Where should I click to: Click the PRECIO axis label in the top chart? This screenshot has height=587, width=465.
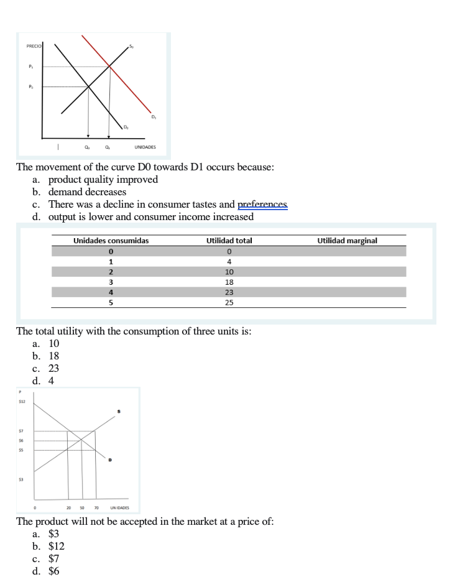[34, 47]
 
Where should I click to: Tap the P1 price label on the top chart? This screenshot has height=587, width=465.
[30, 67]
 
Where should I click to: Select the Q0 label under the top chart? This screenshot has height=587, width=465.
[87, 147]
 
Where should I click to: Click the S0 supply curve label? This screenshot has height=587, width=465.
[131, 46]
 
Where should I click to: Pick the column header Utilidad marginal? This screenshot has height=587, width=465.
[347, 240]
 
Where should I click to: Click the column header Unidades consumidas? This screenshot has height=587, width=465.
[111, 240]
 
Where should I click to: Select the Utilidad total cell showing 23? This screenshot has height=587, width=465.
[229, 292]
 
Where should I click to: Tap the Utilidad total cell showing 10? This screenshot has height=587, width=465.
[229, 272]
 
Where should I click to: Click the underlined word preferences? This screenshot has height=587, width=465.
[263, 204]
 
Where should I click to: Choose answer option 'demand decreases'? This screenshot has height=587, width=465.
[87, 192]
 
